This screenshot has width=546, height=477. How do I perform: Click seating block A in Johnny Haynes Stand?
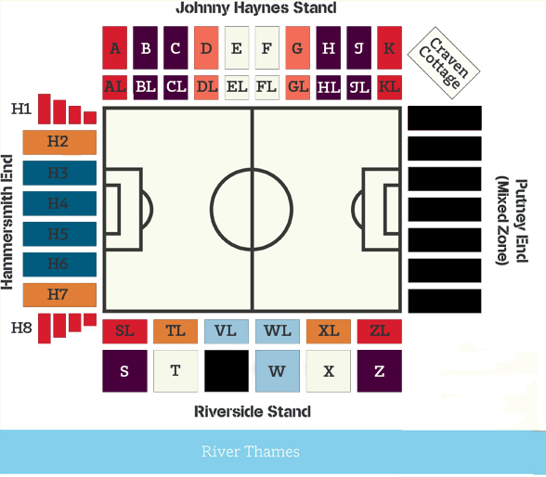(114, 47)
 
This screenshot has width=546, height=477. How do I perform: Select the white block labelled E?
(237, 47)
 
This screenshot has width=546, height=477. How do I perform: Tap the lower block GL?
(298, 87)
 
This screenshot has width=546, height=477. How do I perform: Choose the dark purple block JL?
(359, 87)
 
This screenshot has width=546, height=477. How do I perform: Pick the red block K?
(389, 47)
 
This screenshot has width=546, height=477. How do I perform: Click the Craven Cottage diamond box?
(444, 63)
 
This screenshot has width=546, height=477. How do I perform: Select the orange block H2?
(59, 142)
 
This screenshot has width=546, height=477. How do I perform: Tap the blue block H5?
(59, 234)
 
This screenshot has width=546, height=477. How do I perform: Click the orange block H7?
(59, 295)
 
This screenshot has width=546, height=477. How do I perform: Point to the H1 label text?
(21, 110)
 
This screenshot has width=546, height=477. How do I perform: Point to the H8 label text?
(21, 328)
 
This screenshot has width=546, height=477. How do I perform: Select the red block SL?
(124, 331)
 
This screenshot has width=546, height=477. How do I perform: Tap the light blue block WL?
(278, 331)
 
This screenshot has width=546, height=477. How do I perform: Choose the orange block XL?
(329, 331)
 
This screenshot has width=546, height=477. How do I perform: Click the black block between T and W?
(227, 371)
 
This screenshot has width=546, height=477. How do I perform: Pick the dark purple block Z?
(380, 371)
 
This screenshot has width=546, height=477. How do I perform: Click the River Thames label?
(251, 452)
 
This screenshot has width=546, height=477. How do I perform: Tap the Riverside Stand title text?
(253, 412)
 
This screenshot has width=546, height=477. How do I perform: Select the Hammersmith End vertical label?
(7, 222)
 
